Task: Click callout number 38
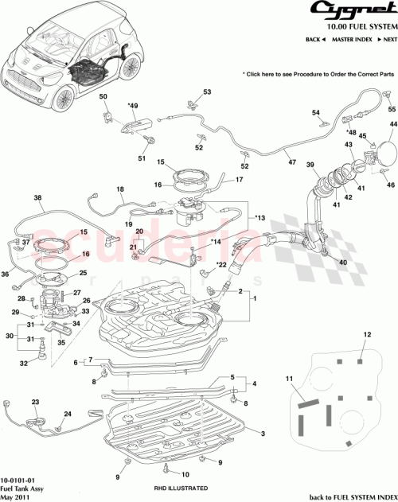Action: click(37, 198)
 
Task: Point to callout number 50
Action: click(103, 97)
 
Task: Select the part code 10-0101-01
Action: click(19, 481)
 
